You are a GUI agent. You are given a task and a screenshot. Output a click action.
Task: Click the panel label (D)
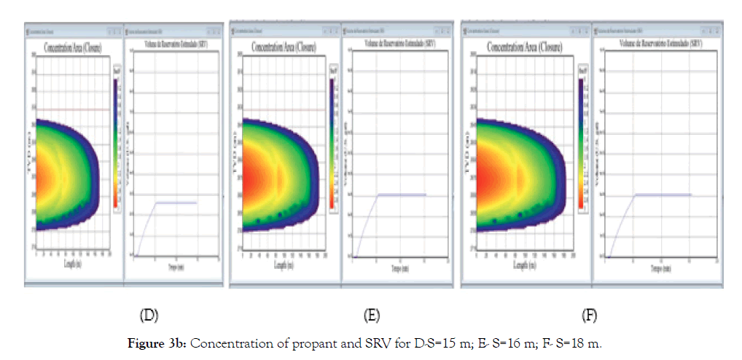(149, 316)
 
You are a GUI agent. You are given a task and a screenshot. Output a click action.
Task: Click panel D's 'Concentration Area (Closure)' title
(71, 48)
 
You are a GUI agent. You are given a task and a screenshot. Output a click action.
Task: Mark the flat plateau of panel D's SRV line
(176, 202)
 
